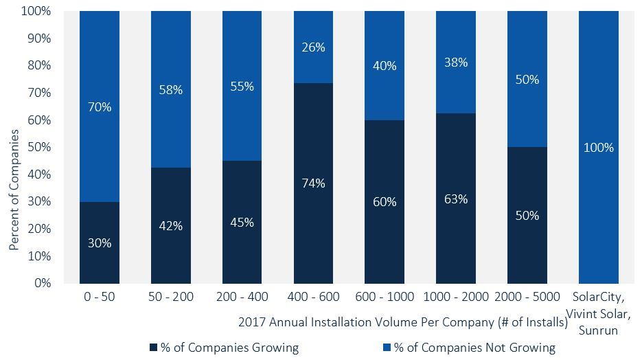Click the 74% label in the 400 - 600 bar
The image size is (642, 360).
313,183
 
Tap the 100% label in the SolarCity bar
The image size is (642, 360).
599,148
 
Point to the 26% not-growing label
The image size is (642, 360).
313,47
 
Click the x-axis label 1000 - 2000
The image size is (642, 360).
456,297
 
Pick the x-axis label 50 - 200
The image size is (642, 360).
171,297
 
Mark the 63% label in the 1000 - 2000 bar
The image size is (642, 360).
456,199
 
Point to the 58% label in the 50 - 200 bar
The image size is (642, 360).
171,90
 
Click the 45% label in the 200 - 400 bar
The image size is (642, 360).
242,223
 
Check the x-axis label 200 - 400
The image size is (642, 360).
242,297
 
